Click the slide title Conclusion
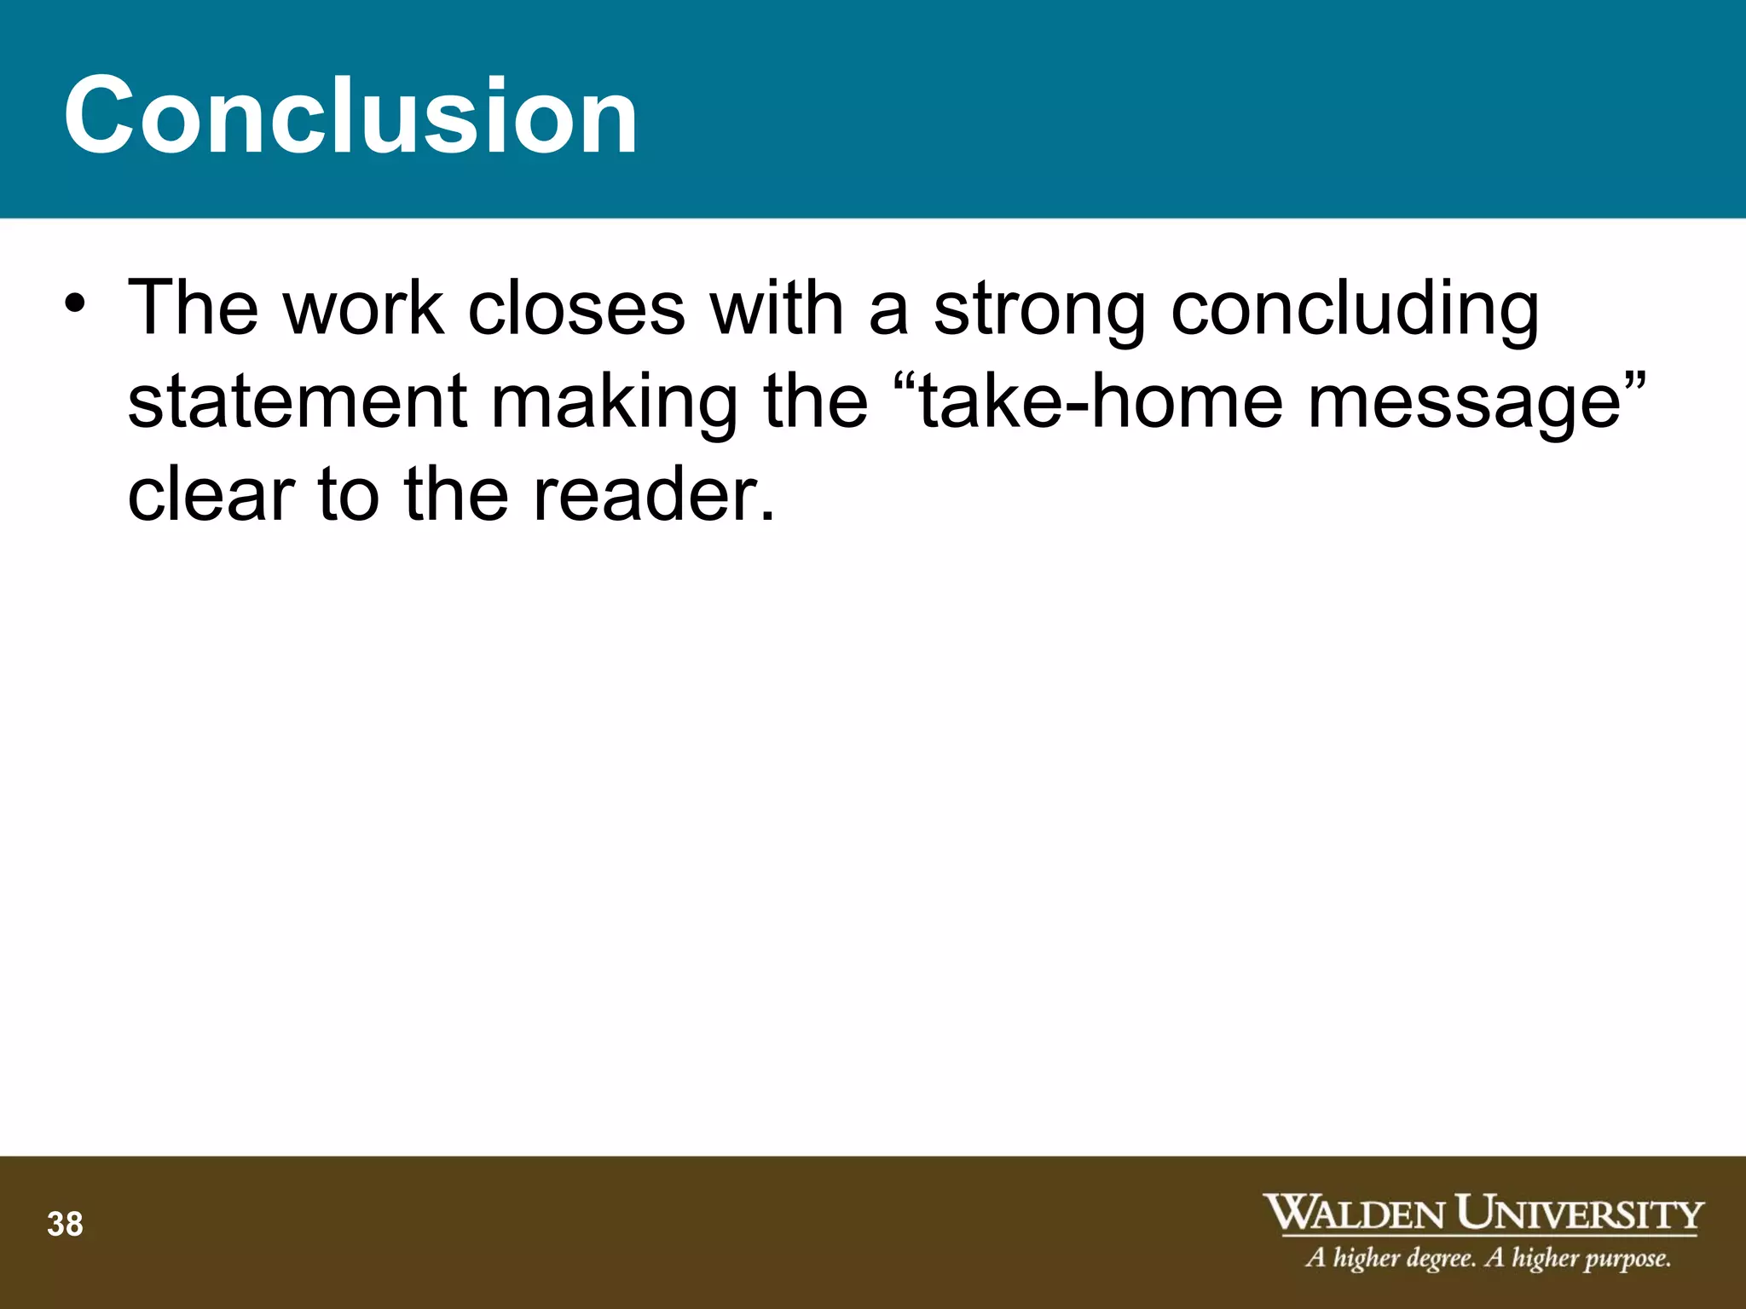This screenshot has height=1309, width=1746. (350, 115)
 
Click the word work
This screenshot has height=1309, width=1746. (363, 308)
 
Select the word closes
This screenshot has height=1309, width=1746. (576, 308)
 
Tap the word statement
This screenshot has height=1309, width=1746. (298, 401)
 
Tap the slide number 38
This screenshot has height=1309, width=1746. (65, 1225)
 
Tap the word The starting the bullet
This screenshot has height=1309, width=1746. (193, 308)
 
